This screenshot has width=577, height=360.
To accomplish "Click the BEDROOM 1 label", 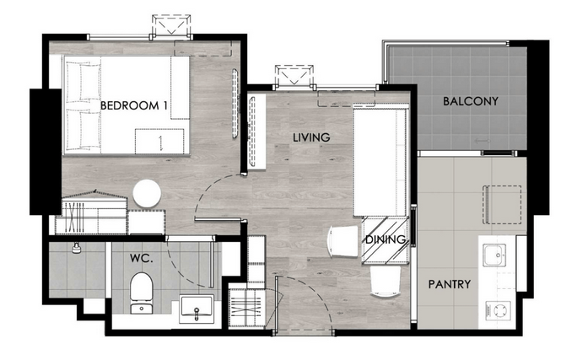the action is click(x=134, y=106).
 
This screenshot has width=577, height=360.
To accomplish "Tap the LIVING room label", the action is click(x=311, y=137).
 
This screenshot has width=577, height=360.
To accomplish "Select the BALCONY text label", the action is click(x=471, y=101).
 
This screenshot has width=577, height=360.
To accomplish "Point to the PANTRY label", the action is click(x=450, y=284).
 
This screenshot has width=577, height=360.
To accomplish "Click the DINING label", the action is click(x=386, y=239).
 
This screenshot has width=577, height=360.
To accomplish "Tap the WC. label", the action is click(x=142, y=258).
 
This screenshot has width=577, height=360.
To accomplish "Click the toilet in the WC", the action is click(x=142, y=293).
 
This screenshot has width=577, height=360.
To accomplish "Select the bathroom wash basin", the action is click(x=197, y=309).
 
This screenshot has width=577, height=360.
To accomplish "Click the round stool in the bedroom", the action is click(x=147, y=193).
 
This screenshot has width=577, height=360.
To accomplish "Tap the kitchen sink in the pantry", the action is click(x=494, y=255).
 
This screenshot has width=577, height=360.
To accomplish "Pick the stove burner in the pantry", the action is click(x=498, y=310).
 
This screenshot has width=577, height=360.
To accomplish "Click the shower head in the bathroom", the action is click(x=77, y=248).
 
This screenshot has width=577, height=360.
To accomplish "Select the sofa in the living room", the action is click(x=381, y=161).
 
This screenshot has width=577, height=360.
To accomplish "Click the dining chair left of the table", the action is click(x=342, y=241).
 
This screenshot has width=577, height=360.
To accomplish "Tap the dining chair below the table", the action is click(x=386, y=282).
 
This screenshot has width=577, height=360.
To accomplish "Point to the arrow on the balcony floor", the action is click(x=483, y=141).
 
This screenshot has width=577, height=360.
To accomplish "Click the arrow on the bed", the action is click(x=161, y=143).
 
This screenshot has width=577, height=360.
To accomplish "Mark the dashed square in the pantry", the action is click(x=502, y=205).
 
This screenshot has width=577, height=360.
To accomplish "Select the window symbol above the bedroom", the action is click(x=171, y=25).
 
